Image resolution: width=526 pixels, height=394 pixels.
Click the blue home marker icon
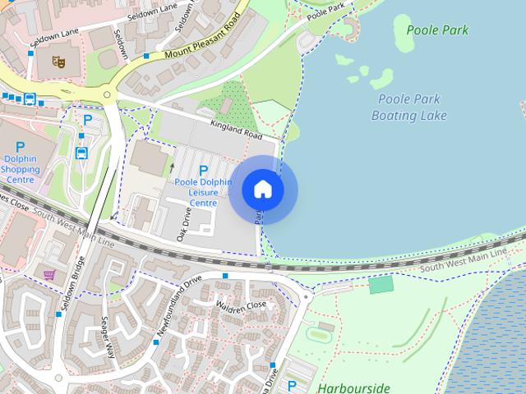[x=262, y=190]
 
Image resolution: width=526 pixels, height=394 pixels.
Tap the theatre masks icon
[x=58, y=61]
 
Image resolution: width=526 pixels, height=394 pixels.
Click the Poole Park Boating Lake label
[x=408, y=107]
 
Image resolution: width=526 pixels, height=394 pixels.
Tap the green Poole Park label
[x=437, y=30]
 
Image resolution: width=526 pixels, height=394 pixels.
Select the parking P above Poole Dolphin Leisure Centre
[x=203, y=171]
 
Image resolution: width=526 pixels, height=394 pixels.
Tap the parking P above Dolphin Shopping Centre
[x=20, y=148]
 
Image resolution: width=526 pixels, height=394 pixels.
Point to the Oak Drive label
[x=186, y=222]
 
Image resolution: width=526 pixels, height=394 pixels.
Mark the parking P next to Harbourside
[x=292, y=385]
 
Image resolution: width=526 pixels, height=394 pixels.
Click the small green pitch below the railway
[x=381, y=285]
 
